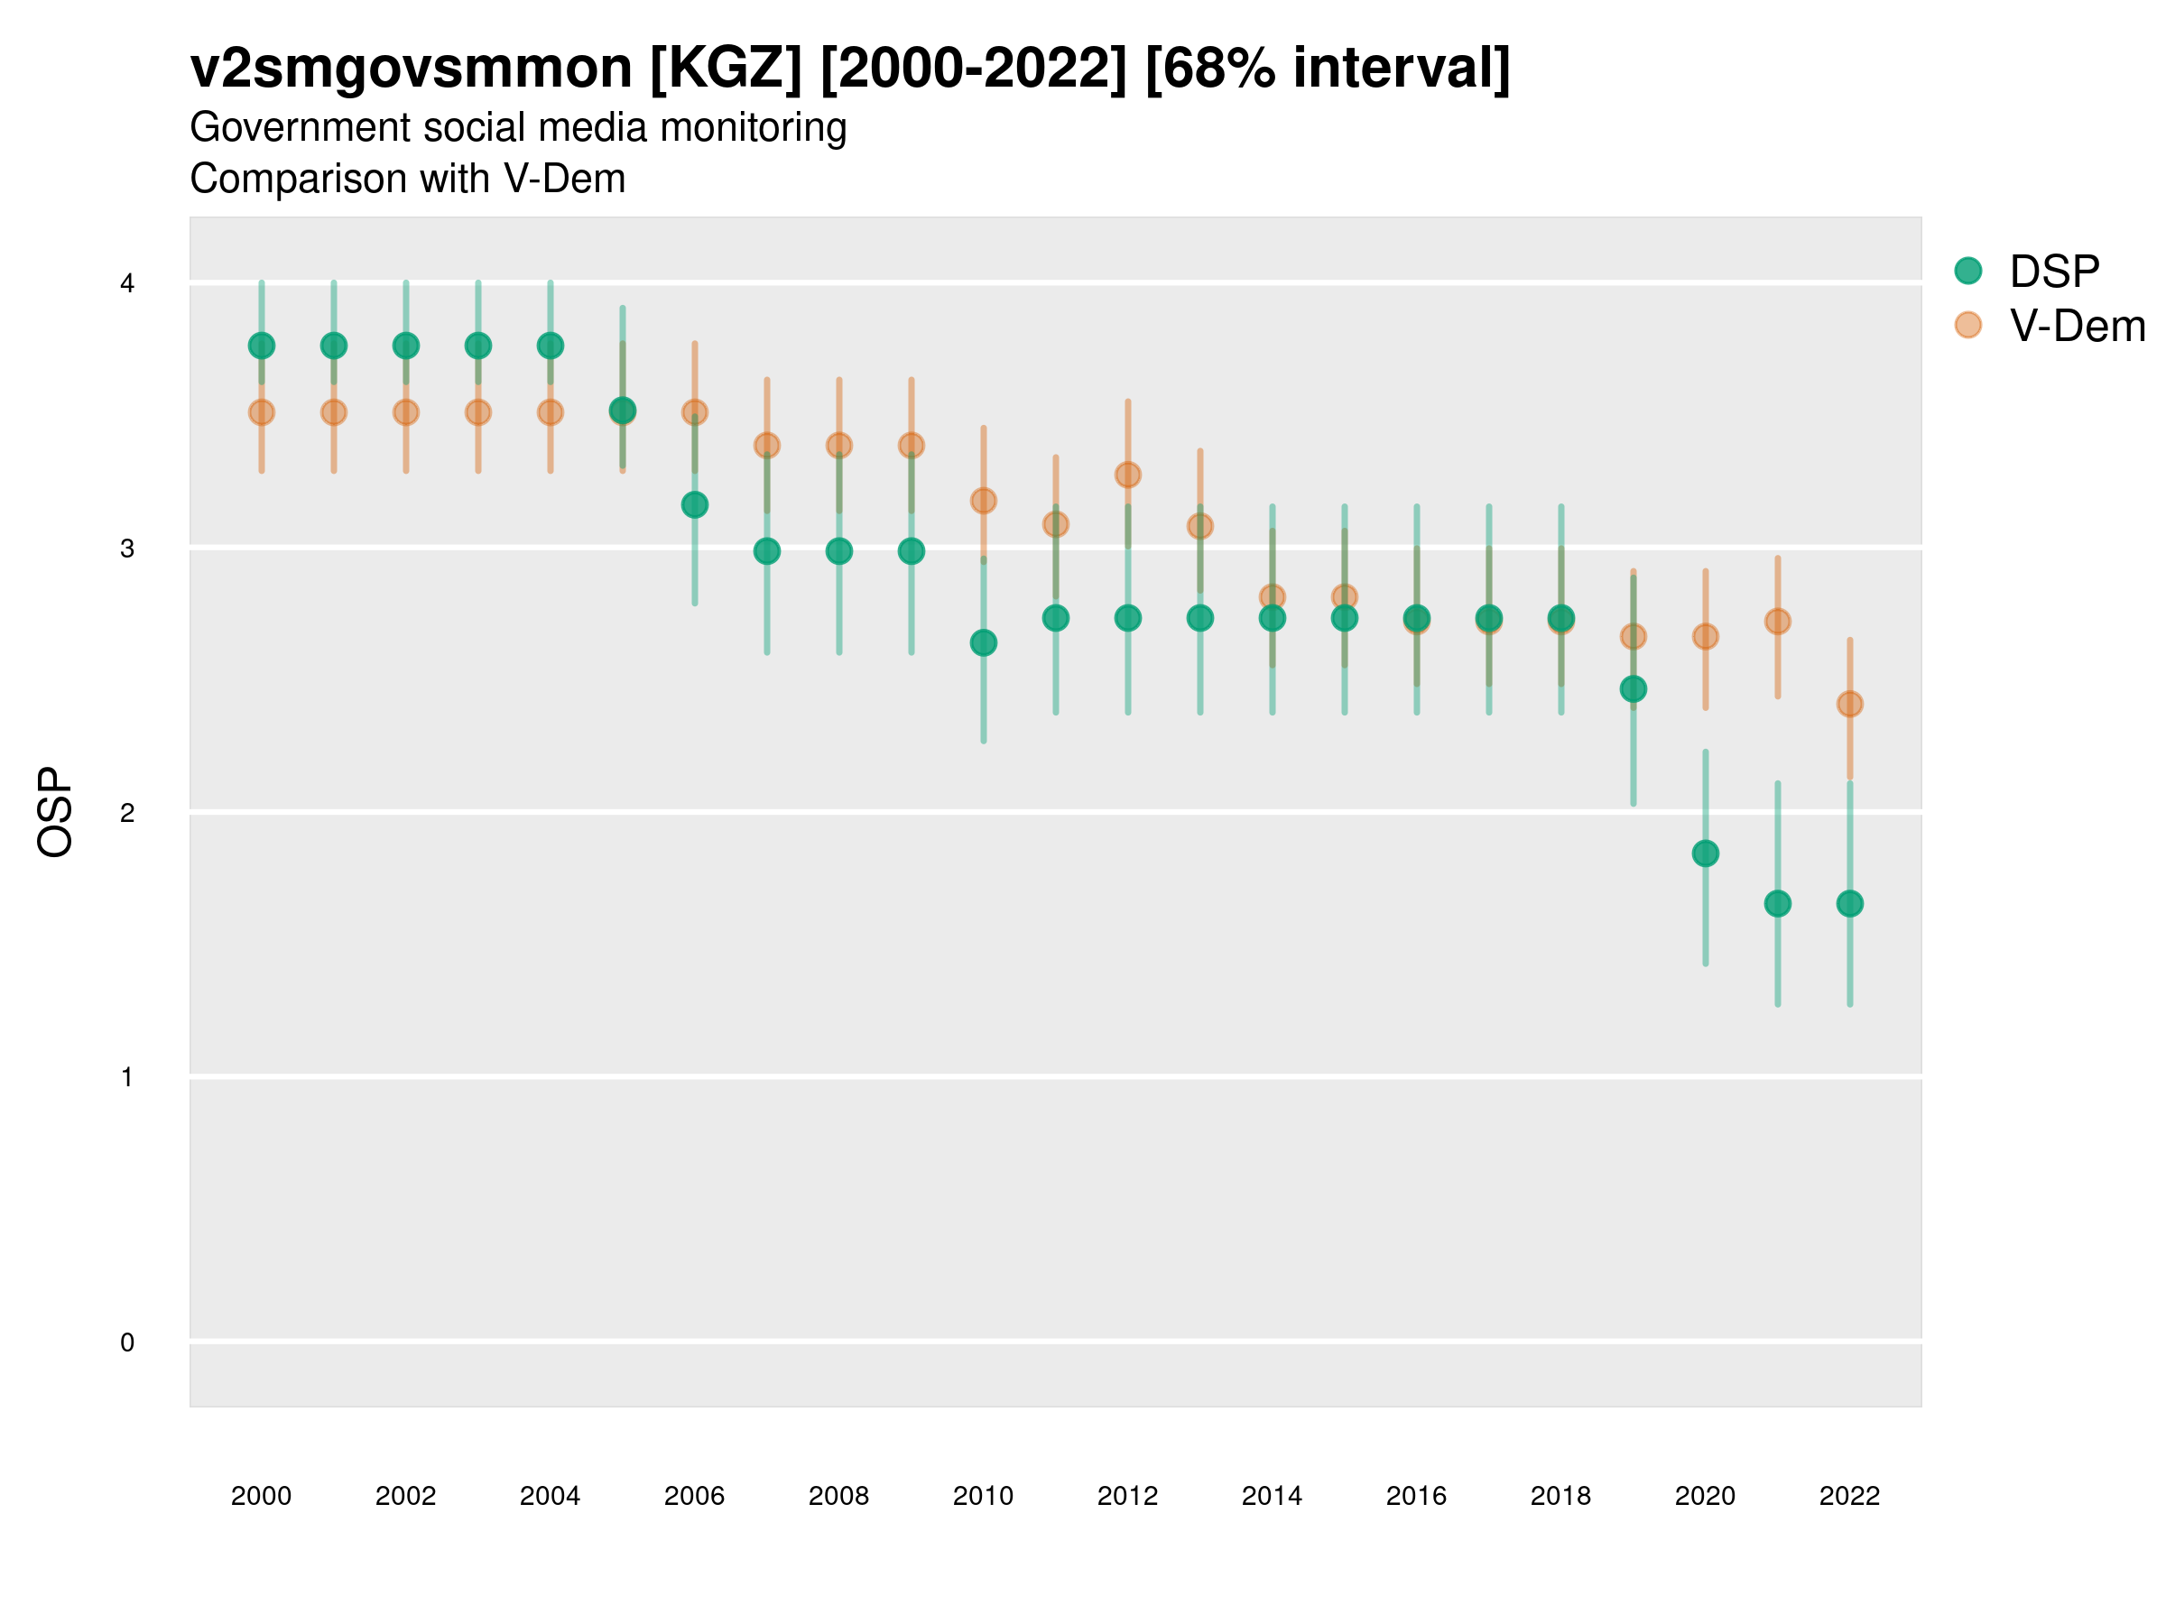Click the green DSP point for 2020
pos(1705,854)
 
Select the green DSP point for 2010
pos(983,643)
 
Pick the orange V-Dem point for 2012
pos(1128,475)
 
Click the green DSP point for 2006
pos(694,505)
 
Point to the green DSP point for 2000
pos(262,346)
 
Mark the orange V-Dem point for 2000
pos(262,412)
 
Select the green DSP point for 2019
pos(1634,689)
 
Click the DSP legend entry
pos(2053,272)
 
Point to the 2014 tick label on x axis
pos(1272,1496)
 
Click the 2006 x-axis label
pos(694,1496)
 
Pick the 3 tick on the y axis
pos(127,549)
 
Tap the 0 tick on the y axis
pos(127,1343)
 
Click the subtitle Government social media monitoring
pos(518,128)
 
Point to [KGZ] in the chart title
pos(726,69)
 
